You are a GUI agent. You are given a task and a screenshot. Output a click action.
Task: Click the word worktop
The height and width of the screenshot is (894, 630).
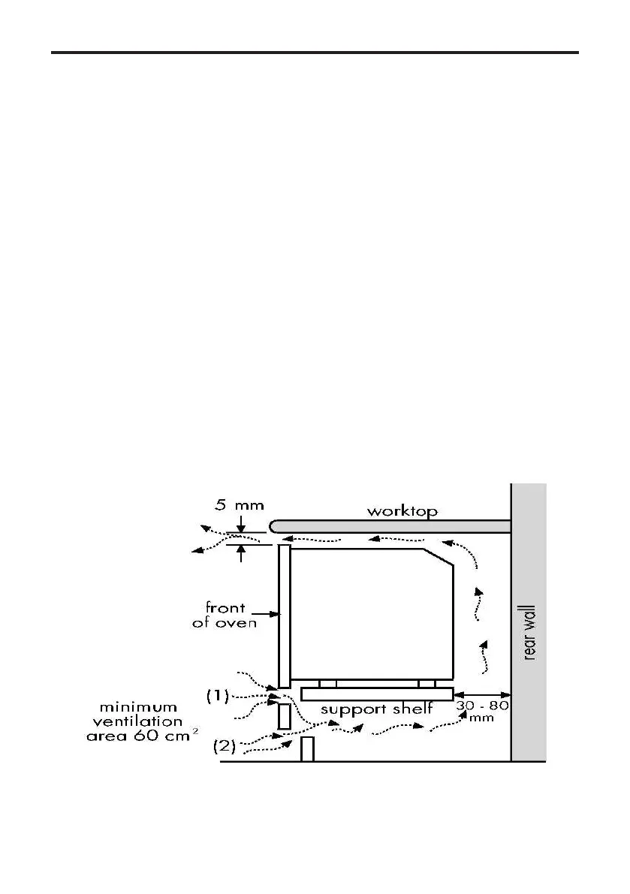click(402, 511)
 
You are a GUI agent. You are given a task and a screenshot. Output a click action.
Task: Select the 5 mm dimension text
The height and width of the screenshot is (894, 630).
click(236, 505)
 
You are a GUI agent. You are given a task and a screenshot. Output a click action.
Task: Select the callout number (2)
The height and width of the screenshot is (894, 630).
click(225, 746)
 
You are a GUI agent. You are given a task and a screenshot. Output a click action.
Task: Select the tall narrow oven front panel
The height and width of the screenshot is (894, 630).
click(284, 616)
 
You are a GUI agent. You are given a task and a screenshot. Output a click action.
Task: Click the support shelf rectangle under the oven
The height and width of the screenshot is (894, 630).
click(376, 694)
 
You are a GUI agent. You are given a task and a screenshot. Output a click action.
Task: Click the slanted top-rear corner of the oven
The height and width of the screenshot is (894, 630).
click(439, 556)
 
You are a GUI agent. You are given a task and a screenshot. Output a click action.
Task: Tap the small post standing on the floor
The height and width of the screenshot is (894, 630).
click(306, 749)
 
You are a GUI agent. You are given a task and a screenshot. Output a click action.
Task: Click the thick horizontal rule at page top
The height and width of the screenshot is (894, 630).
click(315, 53)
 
